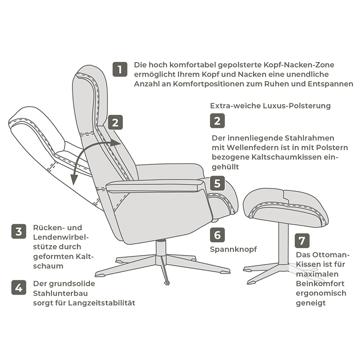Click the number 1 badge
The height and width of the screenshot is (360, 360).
pos(120,69)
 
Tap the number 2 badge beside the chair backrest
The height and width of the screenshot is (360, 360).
pos(115,122)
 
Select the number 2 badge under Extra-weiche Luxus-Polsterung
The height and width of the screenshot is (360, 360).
pos(217,121)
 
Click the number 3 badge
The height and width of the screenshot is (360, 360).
pos(19,231)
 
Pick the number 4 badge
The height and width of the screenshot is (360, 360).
pos(19,288)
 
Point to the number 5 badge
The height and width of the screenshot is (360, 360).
pos(217,184)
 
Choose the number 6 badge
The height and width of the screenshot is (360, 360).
pos(217,235)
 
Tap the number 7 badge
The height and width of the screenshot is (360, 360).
pos(302,241)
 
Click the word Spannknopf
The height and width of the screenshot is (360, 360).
pos(234,249)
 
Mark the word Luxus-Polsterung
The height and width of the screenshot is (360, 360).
pos(297,106)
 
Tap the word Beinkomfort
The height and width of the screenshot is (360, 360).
pos(320,284)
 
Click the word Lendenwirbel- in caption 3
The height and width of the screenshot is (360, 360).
pos(61,237)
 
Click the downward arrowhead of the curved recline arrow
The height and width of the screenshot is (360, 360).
pos(73,179)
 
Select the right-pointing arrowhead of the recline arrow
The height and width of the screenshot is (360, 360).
pos(115,143)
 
